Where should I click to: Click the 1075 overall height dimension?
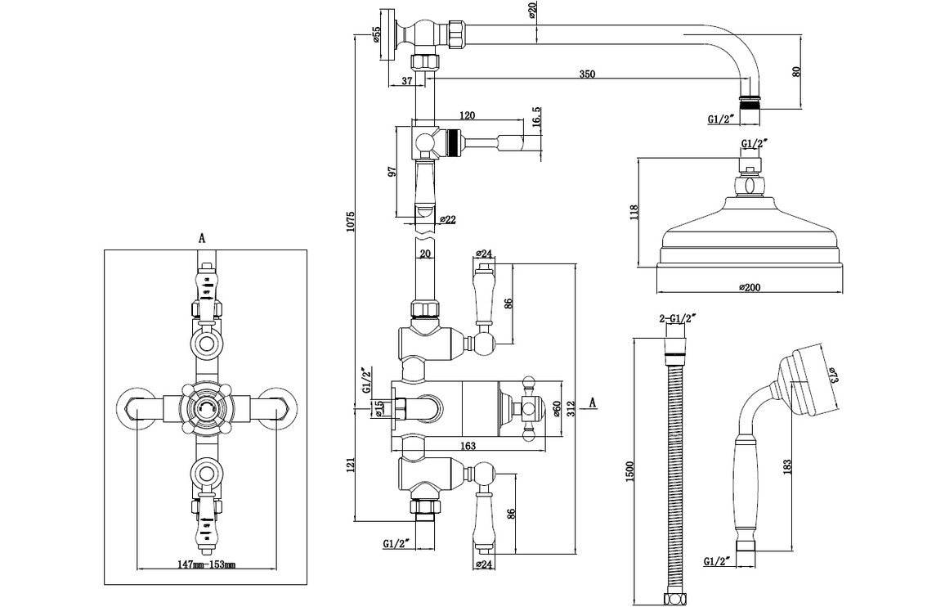351,225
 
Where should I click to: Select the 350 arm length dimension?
587,74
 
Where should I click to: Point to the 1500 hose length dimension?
628,470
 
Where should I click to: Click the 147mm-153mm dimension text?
206,564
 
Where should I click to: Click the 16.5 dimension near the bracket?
536,117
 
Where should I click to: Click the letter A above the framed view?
202,237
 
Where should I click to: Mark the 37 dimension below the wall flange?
408,80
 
